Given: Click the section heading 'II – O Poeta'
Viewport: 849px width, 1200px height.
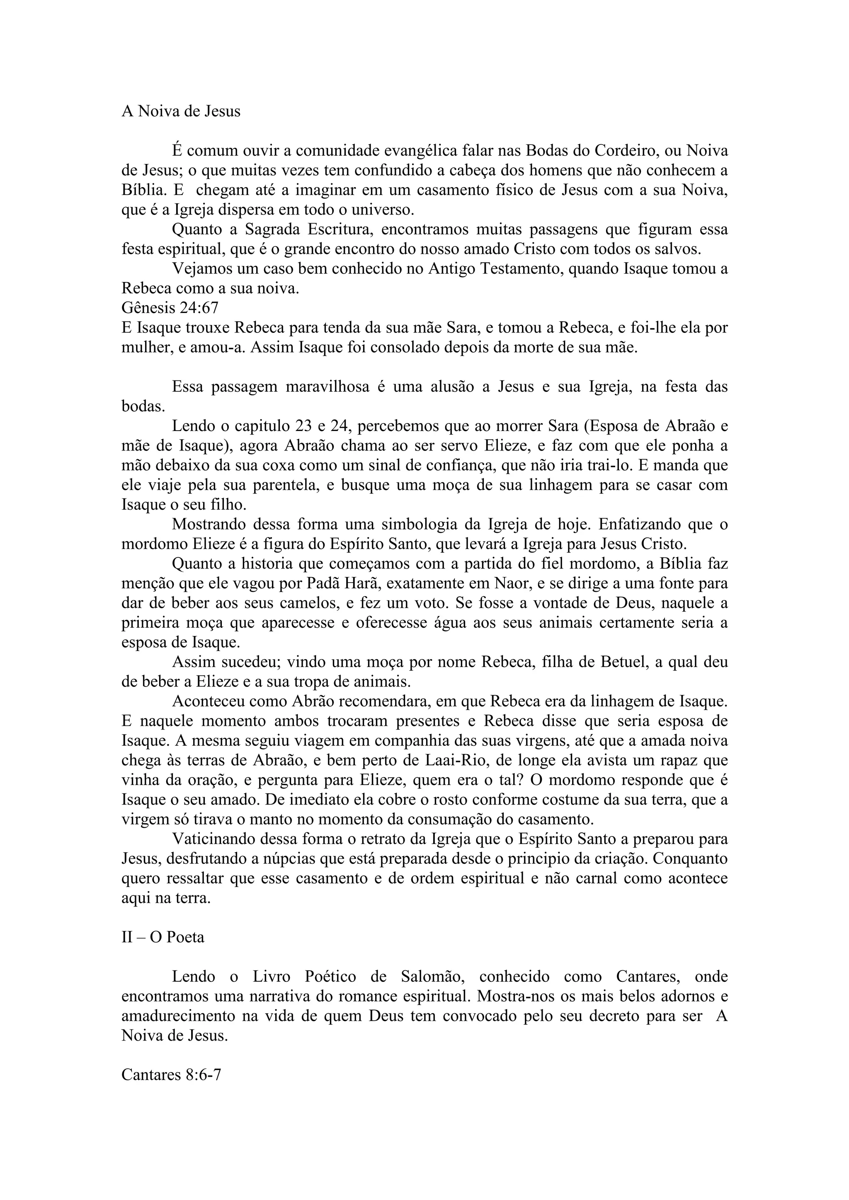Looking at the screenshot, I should point(163,937).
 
